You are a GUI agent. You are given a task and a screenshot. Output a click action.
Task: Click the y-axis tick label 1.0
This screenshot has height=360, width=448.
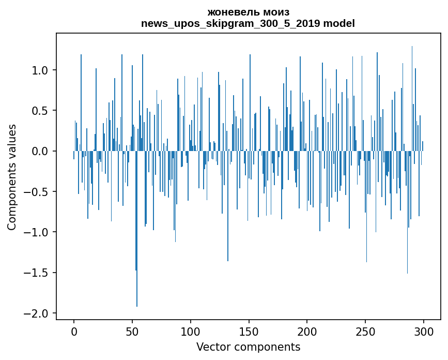(x=40, y=70)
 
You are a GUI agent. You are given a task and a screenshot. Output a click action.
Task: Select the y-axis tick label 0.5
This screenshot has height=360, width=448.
(x=40, y=111)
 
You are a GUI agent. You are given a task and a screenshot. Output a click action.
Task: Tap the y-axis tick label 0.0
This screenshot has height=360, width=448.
(x=40, y=151)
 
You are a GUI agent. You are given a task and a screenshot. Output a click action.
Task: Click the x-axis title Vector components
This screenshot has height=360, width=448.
(x=248, y=347)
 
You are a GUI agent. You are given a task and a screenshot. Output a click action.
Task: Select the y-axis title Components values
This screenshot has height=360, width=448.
(x=12, y=177)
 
